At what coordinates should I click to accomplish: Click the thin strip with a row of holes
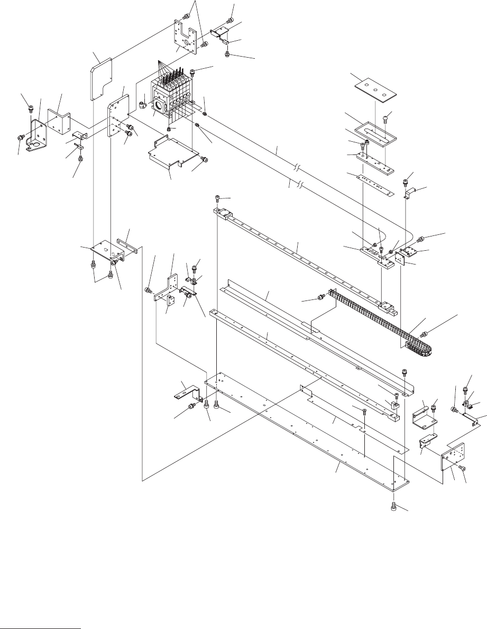pos(378,183)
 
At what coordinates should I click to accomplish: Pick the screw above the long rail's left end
pos(218,199)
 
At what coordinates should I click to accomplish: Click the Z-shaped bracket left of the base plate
pos(187,394)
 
